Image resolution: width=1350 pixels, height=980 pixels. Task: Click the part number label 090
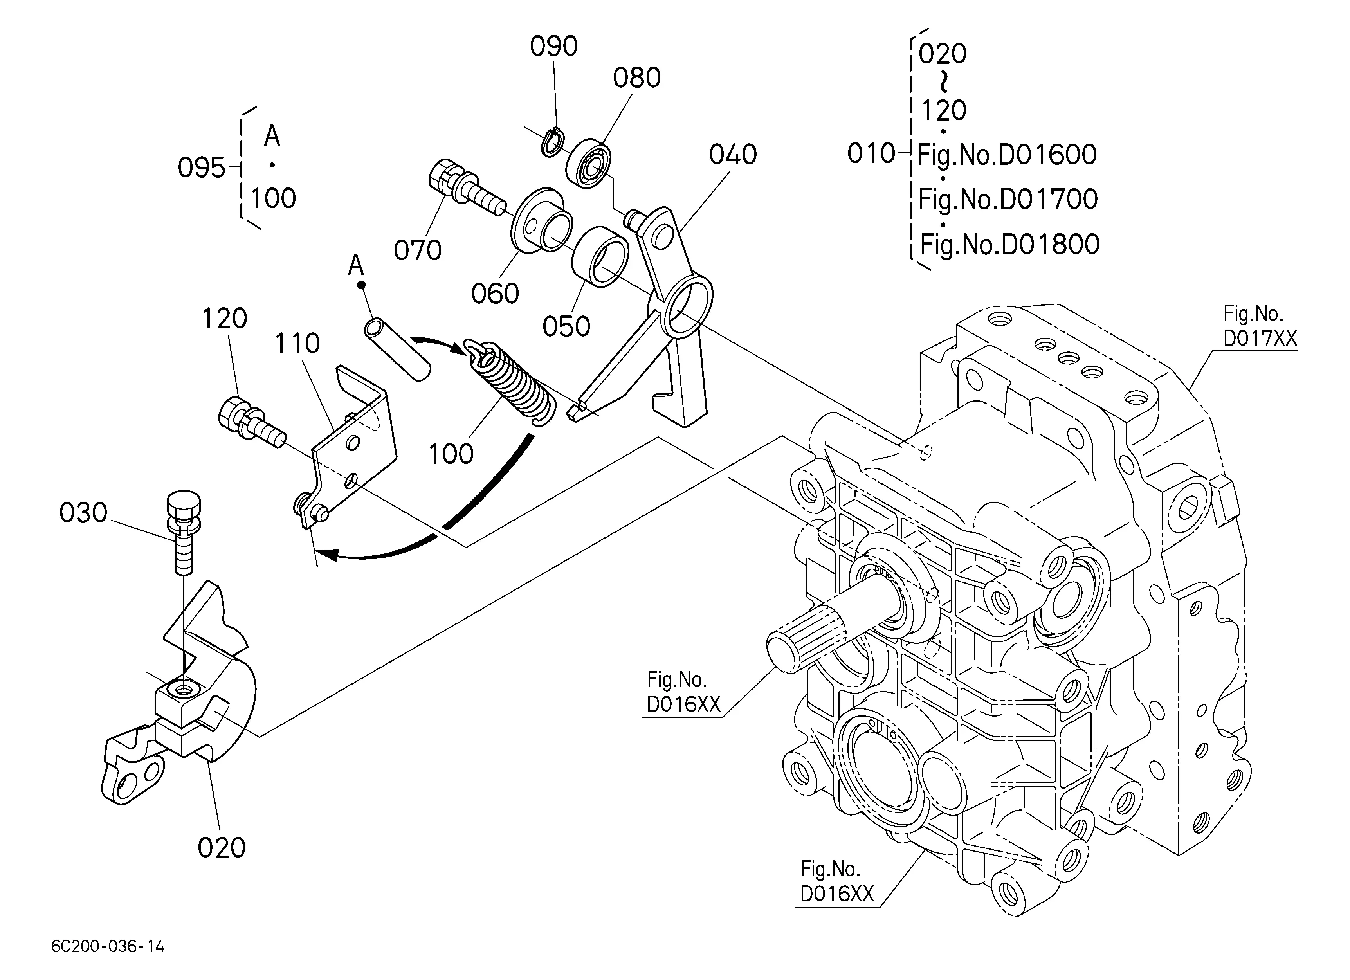pos(553,47)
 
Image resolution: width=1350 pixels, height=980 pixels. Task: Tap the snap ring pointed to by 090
pos(552,143)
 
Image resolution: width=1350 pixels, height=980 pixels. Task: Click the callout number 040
pos(733,155)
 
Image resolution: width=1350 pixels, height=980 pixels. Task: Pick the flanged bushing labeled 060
pos(542,222)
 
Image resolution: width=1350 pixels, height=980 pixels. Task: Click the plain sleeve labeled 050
pos(600,257)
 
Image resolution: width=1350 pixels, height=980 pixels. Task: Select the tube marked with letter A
pos(398,349)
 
